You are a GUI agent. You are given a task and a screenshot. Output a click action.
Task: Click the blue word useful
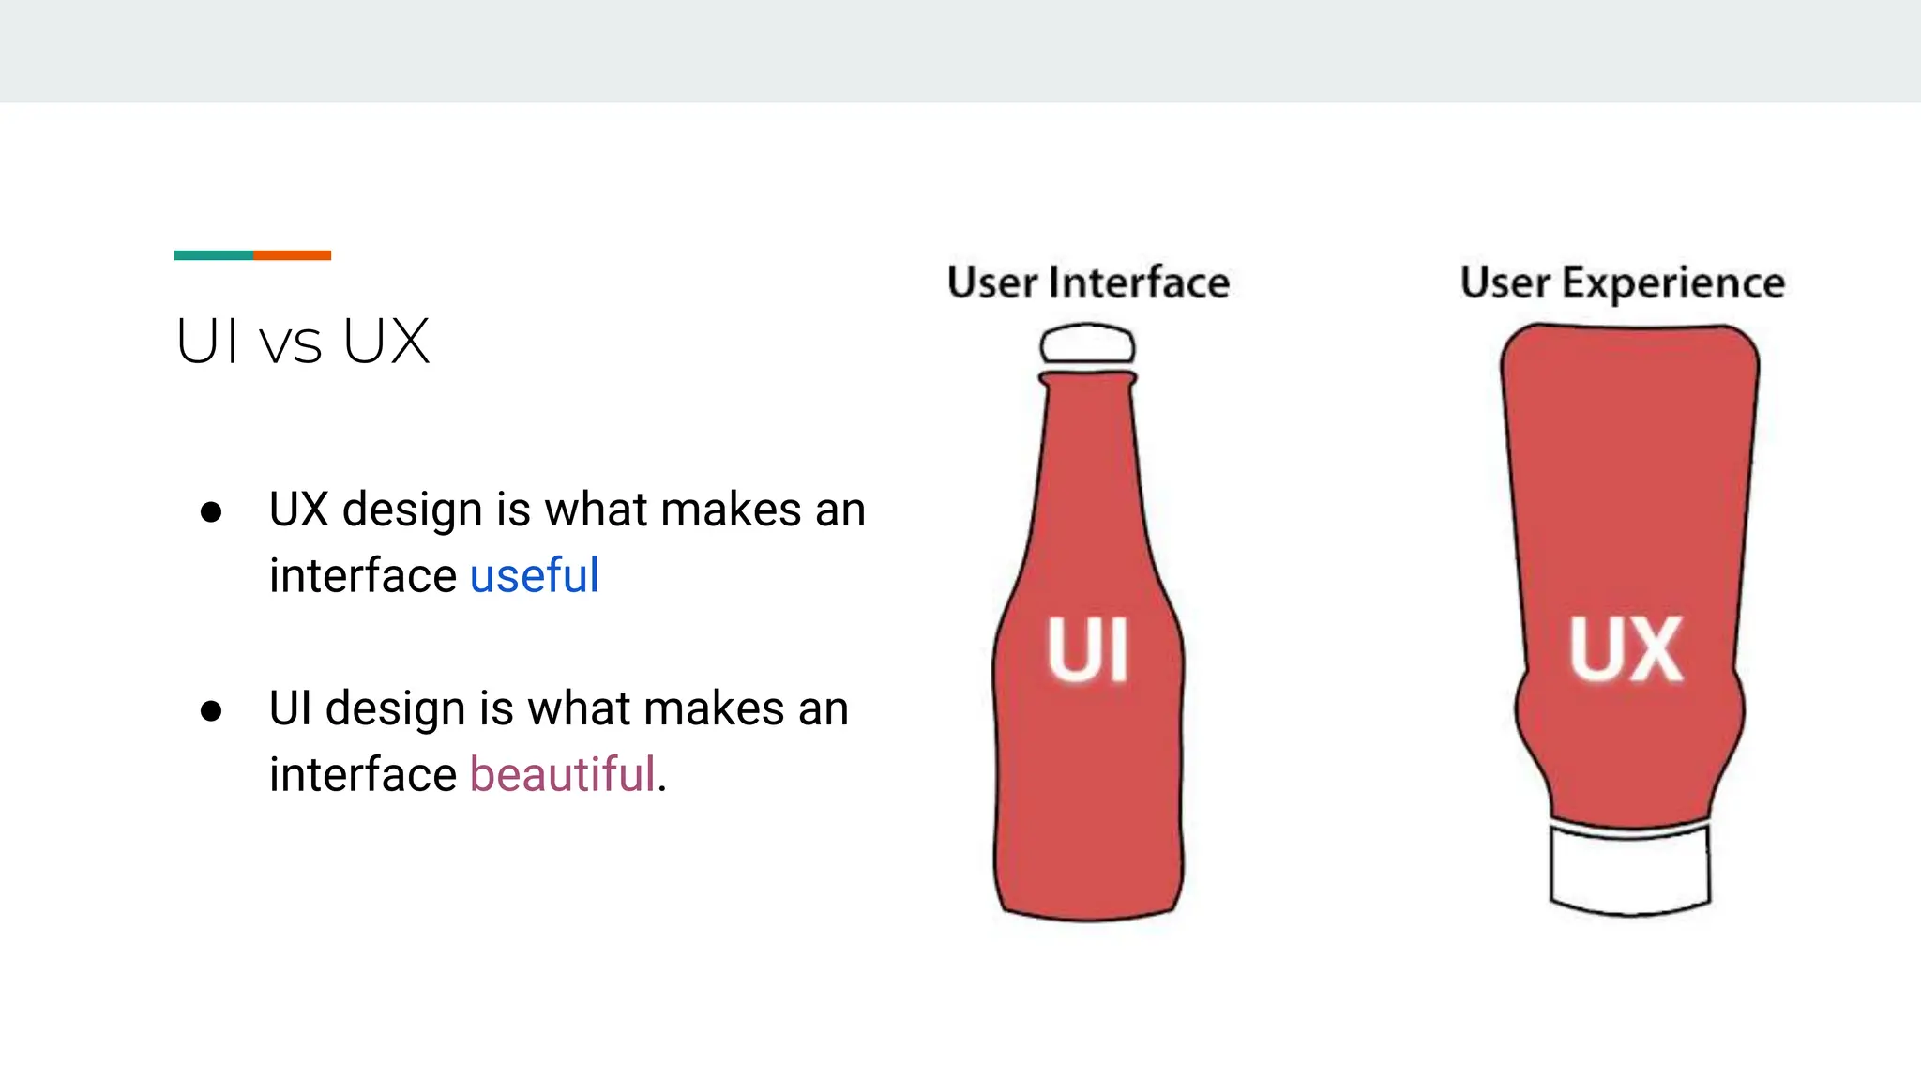click(x=534, y=575)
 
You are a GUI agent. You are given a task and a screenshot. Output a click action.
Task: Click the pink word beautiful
click(x=561, y=774)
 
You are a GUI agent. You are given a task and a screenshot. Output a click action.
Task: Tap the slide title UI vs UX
click(x=302, y=342)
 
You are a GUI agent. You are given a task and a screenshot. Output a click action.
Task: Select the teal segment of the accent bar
click(x=213, y=255)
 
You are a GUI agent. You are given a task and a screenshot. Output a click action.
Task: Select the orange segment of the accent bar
click(x=292, y=255)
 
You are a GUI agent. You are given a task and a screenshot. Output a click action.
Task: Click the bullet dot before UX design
click(x=211, y=512)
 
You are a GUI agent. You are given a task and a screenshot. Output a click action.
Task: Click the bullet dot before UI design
click(x=211, y=710)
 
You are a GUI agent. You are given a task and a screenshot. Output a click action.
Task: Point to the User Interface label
click(x=1088, y=282)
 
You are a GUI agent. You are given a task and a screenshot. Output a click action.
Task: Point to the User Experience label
click(x=1622, y=282)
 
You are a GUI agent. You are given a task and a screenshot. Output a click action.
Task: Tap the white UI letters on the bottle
click(x=1087, y=649)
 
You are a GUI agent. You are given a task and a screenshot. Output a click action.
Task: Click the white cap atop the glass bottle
click(x=1087, y=344)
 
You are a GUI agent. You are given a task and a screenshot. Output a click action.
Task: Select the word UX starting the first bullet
click(x=298, y=510)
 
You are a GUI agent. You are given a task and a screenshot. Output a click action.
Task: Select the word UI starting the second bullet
click(x=290, y=708)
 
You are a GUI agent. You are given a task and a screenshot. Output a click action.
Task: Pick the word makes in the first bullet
click(x=731, y=510)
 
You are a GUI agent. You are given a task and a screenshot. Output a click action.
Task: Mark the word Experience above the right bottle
click(x=1672, y=282)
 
